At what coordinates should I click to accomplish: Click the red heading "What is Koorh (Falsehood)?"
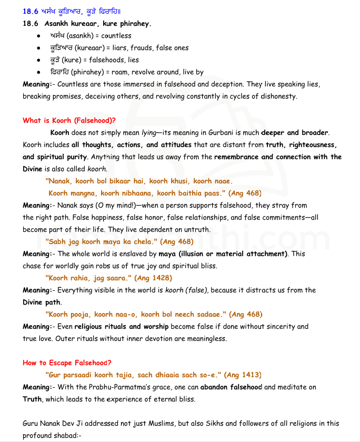69,121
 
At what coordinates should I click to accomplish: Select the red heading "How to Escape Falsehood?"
67,363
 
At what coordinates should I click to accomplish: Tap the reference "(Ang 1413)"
243,375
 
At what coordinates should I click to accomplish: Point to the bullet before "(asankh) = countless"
39,36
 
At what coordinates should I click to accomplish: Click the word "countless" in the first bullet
116,36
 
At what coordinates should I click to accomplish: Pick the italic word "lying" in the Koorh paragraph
151,133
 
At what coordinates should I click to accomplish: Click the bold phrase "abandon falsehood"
231,387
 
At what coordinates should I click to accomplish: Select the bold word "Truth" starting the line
32,399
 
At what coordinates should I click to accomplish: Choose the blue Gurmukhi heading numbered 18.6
72,11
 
